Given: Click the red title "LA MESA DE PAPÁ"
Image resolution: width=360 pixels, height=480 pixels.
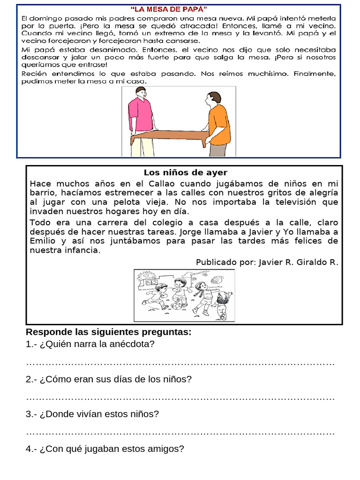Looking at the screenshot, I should (x=168, y=8).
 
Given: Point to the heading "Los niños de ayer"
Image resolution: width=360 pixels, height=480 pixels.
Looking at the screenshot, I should (x=185, y=173).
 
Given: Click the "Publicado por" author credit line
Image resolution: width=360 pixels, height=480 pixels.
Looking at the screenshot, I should (x=267, y=262).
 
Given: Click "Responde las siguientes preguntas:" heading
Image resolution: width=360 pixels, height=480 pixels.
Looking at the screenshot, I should (x=108, y=332).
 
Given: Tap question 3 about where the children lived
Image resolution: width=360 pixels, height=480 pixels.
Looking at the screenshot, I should (x=92, y=414).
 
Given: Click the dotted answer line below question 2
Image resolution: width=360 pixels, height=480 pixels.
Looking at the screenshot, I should (x=180, y=398).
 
